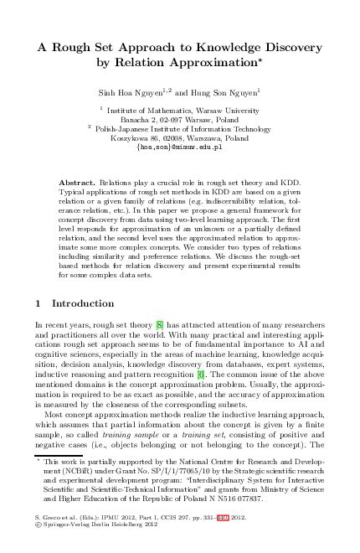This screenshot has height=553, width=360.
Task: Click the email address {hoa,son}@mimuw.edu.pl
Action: (x=179, y=144)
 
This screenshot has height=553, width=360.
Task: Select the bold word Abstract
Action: (x=76, y=181)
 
